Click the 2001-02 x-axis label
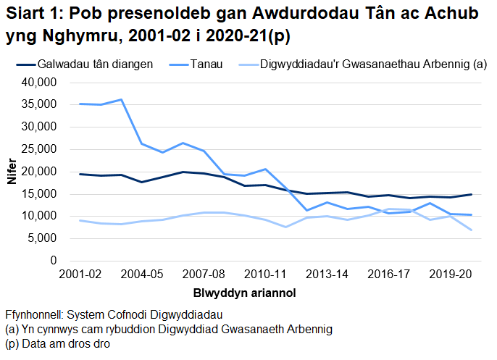(80, 275)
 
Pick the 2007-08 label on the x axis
(204, 275)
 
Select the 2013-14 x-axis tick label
(327, 275)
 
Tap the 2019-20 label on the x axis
(450, 275)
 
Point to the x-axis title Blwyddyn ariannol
(244, 293)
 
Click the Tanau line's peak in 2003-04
(121, 99)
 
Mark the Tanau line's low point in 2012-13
(306, 210)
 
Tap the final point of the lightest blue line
(471, 230)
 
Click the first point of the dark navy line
(80, 174)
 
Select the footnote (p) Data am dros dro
(57, 344)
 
